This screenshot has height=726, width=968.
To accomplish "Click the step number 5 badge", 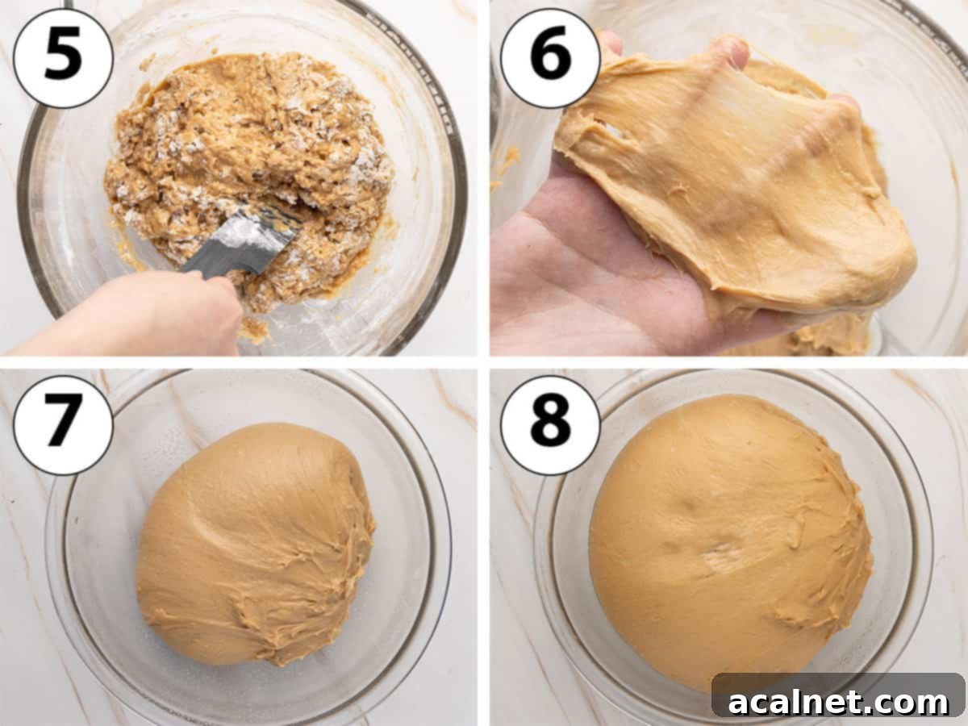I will pos(63,57).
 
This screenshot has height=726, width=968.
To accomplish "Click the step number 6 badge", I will pos(550,57).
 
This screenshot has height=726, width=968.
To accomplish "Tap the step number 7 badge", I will pos(63,424).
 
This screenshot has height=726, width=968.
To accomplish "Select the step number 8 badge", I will pos(550,424).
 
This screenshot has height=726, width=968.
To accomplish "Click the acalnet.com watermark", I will pos(838,701).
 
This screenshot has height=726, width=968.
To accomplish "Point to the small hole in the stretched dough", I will pos(613,129).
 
